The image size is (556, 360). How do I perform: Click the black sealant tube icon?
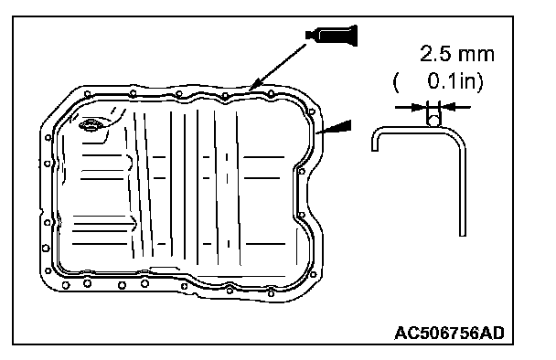(332, 36)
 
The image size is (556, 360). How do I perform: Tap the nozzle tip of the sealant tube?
(306, 35)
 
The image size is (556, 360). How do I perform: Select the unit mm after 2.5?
(476, 55)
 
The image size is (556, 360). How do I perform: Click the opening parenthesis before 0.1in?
(397, 83)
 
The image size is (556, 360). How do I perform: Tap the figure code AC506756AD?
(449, 334)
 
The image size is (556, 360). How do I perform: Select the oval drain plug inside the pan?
(91, 125)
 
